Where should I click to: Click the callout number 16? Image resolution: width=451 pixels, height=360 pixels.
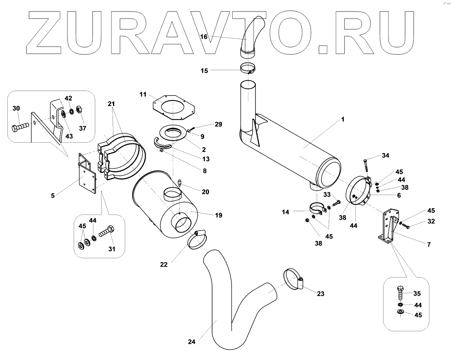pos(204,37)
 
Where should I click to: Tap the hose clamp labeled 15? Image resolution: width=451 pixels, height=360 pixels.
pos(248,69)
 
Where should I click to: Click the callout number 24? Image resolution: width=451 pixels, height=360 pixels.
pos(192,341)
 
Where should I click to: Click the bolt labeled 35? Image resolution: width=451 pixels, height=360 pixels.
pos(400,294)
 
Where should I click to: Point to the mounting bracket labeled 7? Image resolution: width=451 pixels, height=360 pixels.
pos(388,227)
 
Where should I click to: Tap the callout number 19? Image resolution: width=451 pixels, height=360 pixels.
pos(218,215)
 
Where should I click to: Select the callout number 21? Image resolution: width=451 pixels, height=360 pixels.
pos(111,104)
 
